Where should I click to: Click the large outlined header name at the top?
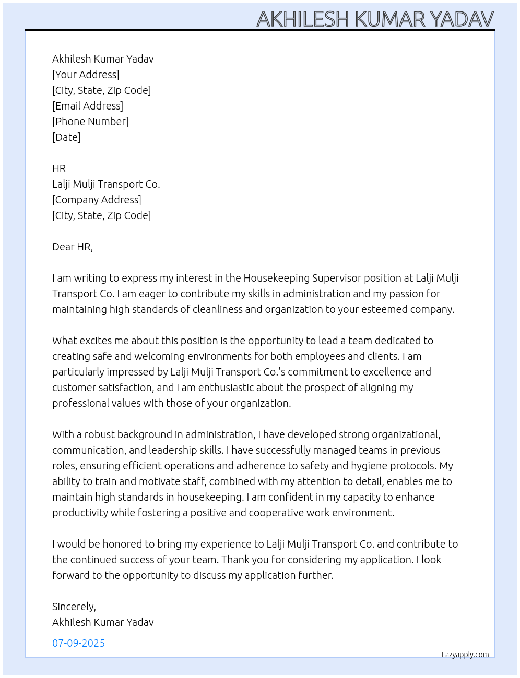coord(375,19)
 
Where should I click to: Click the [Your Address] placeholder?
coord(86,75)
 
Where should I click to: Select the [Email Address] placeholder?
coord(88,106)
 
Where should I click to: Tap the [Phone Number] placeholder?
coord(90,122)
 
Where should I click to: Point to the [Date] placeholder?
coord(66,137)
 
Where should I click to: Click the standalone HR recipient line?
coord(59,168)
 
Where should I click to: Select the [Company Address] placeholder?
coord(97,200)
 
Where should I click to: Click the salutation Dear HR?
coord(73,247)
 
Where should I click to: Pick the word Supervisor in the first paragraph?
coord(334,278)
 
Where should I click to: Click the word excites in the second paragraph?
coord(96,341)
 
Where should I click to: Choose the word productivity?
coord(80,513)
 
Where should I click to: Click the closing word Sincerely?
coord(74,607)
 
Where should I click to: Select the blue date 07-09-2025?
coord(78,643)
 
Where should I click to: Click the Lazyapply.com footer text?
coord(465,655)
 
